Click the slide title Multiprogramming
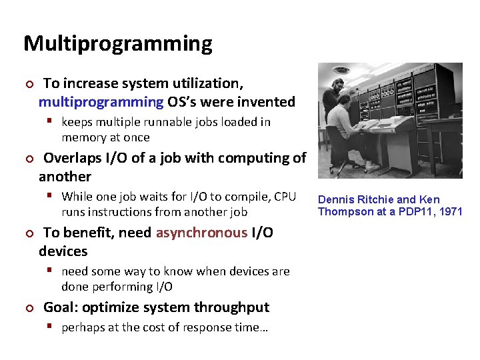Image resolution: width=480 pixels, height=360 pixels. click(x=118, y=44)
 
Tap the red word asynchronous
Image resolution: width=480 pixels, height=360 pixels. click(x=201, y=233)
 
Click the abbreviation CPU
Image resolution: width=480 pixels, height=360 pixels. click(x=285, y=197)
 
